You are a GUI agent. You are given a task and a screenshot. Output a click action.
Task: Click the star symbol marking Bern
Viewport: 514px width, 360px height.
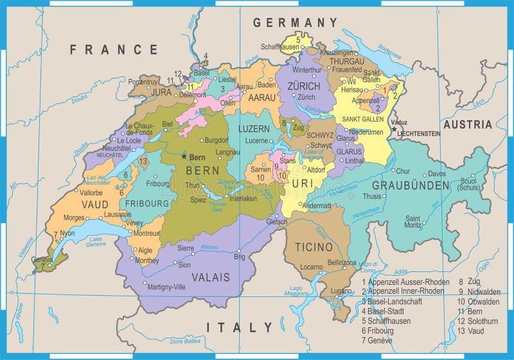[x=184, y=156]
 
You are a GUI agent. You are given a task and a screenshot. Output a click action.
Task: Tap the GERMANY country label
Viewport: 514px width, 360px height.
[x=295, y=22]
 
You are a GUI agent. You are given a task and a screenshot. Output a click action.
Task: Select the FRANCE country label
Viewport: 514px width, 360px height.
[x=114, y=49]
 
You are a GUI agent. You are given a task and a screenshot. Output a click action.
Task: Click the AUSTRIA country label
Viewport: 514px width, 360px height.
[x=467, y=124]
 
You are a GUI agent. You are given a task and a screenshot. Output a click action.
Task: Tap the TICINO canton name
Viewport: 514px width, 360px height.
[x=314, y=247]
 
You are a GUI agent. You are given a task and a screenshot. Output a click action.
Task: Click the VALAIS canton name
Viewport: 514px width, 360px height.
[x=210, y=277]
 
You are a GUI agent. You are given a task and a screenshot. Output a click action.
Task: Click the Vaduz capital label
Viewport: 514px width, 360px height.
[x=399, y=122]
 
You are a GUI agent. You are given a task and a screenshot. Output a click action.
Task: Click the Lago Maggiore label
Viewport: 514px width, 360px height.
[x=296, y=291]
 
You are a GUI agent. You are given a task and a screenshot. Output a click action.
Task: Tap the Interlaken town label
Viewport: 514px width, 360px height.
[x=243, y=199]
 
